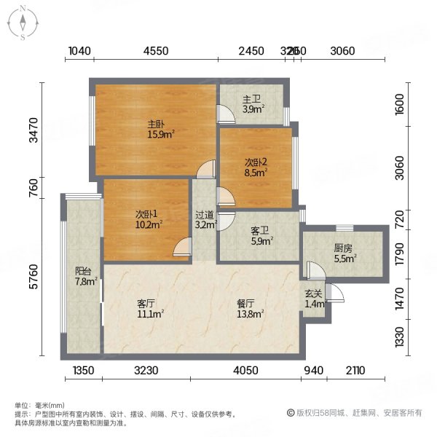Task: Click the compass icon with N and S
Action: pyautogui.click(x=23, y=23)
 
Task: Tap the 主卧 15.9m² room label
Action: pyautogui.click(x=160, y=129)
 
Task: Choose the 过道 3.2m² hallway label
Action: pyautogui.click(x=205, y=219)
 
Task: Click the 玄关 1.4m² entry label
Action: pyautogui.click(x=313, y=298)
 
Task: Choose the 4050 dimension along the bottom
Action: pyautogui.click(x=245, y=371)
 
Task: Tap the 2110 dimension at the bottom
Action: pyautogui.click(x=355, y=371)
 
